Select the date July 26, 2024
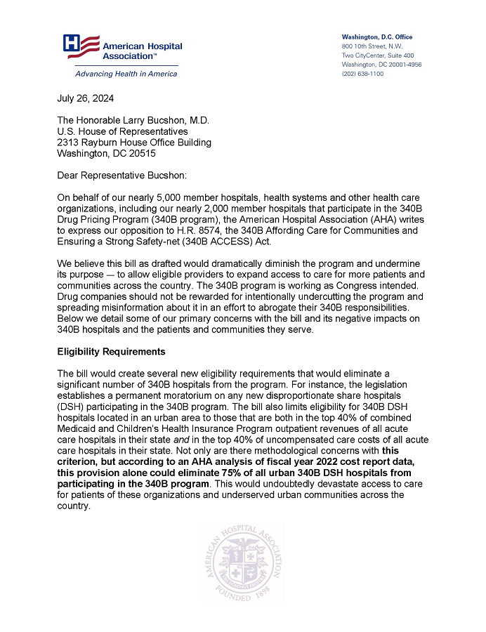[86, 98]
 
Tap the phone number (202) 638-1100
[362, 74]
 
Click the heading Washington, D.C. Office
[377, 37]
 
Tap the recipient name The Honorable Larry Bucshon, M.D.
[133, 120]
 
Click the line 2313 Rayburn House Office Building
[134, 142]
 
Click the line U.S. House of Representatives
[122, 131]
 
